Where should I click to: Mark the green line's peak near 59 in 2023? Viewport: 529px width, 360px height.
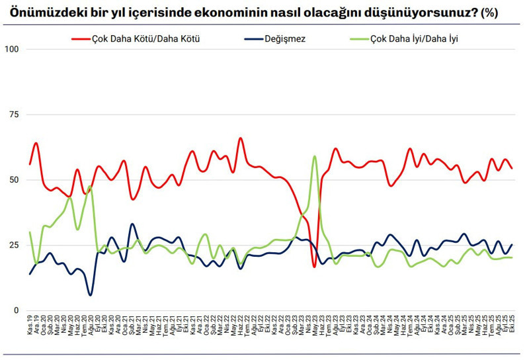click(315, 156)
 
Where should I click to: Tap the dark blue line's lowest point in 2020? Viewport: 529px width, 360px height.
click(91, 294)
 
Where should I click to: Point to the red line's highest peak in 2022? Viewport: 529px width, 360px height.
click(240, 138)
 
